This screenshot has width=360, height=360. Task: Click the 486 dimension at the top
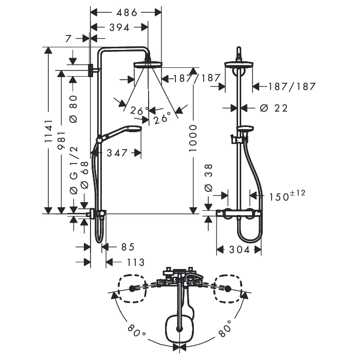pos(127,13)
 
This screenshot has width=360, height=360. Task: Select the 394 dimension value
pos(119,28)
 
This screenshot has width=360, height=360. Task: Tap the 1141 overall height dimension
pos(49,131)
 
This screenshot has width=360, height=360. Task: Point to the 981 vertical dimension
pos(62,140)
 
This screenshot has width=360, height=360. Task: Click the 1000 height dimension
pos(193,138)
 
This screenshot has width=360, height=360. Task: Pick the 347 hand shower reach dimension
pos(117,153)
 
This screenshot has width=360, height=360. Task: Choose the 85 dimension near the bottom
pos(128,247)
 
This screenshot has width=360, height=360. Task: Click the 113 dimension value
pos(136,262)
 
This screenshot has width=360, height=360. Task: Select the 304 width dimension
pos(239,249)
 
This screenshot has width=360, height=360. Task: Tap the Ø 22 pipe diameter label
pos(274,108)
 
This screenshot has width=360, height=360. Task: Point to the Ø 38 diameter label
pos(209,178)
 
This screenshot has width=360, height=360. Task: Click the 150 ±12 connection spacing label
pos(287,195)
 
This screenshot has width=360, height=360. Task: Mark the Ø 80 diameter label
pos(74,109)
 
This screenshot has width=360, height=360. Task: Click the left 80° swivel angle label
pos(136,331)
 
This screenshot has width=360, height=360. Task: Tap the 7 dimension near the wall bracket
pos(68,39)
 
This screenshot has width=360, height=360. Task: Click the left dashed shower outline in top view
pos(132,289)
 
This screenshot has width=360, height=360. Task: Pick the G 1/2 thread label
pos(74,170)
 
